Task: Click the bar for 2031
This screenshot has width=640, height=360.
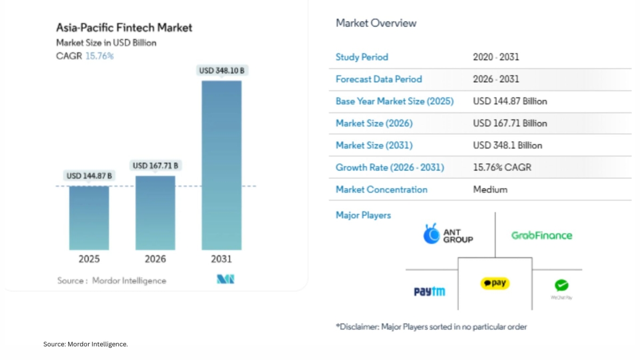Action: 221,165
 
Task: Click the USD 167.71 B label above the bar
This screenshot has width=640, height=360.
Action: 155,165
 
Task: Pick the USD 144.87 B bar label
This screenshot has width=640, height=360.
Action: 89,175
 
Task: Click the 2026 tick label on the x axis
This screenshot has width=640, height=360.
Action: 155,259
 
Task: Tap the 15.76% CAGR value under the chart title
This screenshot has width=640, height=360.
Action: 99,55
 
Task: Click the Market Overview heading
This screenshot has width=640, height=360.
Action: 376,23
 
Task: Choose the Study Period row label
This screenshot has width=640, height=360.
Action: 362,57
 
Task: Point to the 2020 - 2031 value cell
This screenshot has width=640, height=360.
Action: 495,57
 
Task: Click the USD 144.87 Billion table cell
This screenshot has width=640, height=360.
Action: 510,101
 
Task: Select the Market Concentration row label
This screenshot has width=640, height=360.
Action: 381,189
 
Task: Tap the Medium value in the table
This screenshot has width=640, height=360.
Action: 490,189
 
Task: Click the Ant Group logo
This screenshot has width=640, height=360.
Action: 448,234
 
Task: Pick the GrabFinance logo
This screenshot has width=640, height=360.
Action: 541,235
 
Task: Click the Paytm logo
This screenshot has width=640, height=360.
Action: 429,291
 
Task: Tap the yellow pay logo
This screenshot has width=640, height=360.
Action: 495,283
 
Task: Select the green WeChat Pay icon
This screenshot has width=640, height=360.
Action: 561,286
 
